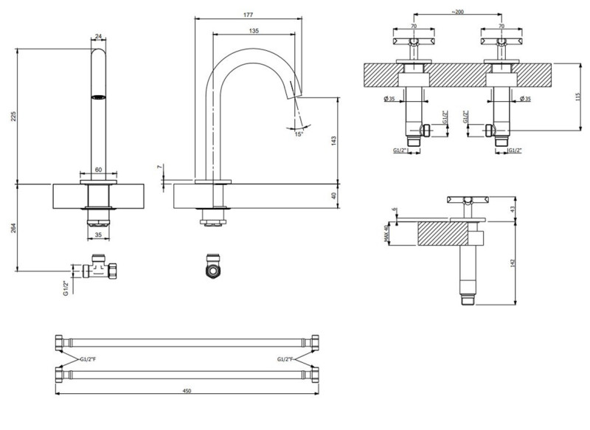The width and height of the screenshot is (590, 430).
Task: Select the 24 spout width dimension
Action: (x=99, y=35)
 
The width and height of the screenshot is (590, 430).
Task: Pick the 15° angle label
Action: (x=298, y=134)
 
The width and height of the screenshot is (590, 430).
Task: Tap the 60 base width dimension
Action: (x=99, y=169)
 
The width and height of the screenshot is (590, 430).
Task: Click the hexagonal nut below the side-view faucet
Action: (x=213, y=268)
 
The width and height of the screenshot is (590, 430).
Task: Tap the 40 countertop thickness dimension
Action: (x=333, y=195)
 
